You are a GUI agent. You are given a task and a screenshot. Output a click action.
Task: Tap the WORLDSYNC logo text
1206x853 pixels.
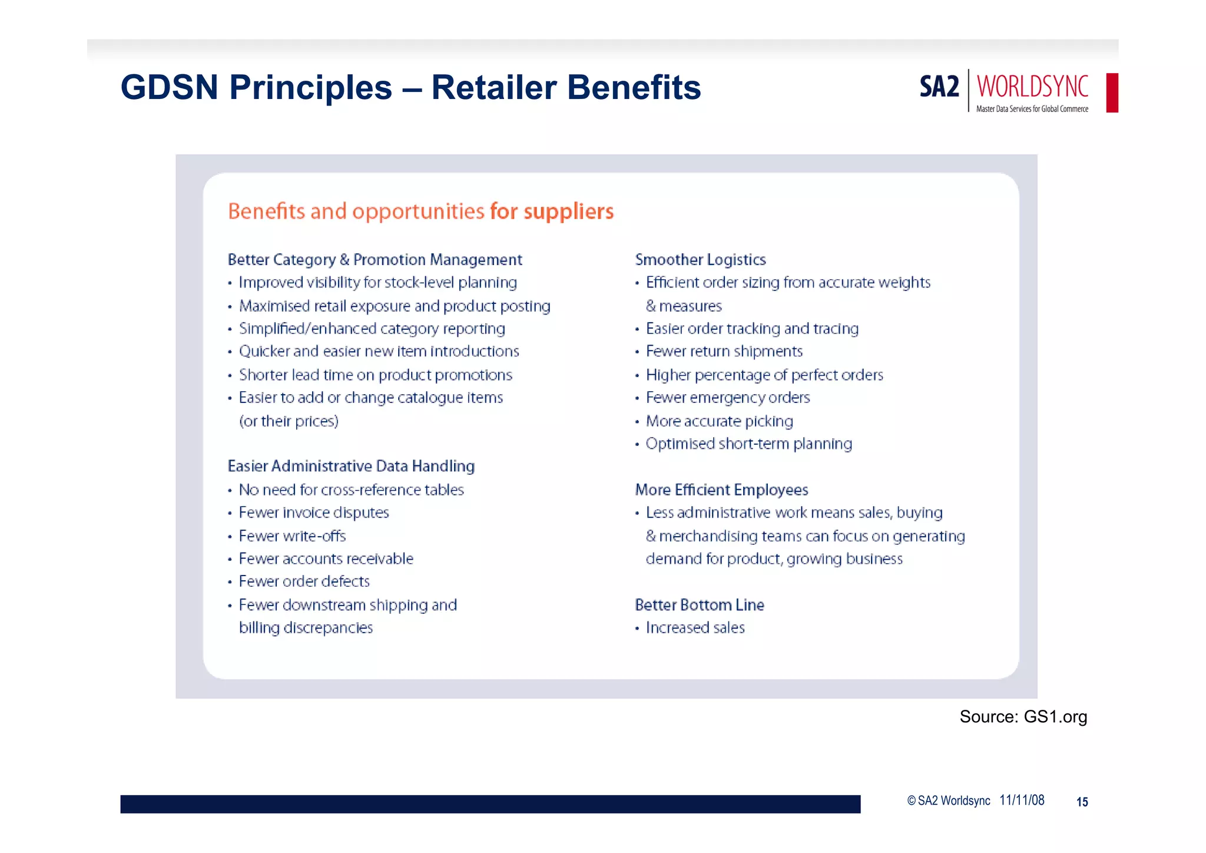tap(1032, 87)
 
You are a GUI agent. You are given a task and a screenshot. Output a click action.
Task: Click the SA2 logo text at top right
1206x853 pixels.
tap(939, 87)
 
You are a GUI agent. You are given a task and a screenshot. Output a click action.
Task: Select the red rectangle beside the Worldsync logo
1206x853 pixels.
tap(1112, 92)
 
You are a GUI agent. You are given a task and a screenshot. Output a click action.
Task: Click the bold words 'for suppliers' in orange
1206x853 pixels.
tap(551, 211)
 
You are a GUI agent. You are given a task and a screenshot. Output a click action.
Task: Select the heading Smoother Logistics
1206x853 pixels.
tap(700, 260)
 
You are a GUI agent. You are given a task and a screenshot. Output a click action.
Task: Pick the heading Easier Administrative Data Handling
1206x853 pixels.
tap(351, 466)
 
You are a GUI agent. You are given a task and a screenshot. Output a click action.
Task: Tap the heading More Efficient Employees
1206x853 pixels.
tap(721, 490)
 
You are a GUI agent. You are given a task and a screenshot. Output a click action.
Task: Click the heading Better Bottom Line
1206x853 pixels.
tap(700, 605)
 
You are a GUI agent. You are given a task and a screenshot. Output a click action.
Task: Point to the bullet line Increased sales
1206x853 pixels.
tap(695, 628)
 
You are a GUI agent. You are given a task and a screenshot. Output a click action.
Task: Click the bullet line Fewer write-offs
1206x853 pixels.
tap(292, 536)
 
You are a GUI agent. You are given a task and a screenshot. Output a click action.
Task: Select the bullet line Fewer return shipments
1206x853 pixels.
tap(724, 352)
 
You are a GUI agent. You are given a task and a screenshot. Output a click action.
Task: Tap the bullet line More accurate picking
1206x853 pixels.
tap(719, 421)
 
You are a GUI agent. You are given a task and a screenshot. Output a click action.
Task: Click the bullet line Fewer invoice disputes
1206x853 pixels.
tap(314, 513)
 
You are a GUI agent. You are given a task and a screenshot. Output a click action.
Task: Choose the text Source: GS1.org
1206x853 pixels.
tap(1023, 717)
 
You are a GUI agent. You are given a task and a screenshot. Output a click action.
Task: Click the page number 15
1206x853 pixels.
tap(1082, 802)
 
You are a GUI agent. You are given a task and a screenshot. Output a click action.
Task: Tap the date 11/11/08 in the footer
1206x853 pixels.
tap(1022, 800)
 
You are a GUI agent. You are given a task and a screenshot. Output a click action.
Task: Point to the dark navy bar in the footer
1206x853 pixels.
tap(490, 804)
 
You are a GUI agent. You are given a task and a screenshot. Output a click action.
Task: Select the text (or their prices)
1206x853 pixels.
tap(289, 421)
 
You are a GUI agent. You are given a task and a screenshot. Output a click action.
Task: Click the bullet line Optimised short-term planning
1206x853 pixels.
tap(748, 444)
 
